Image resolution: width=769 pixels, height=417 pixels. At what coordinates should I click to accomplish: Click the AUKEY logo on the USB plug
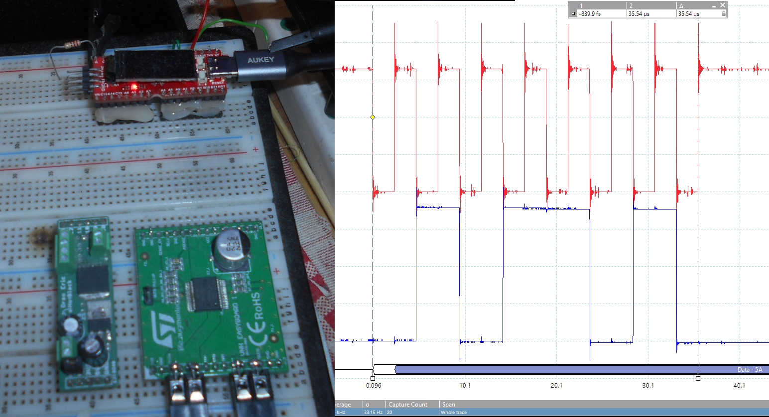click(x=260, y=60)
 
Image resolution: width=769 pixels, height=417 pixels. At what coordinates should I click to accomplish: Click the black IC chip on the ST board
click(x=206, y=294)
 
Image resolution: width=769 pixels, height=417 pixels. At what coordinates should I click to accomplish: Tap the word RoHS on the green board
click(x=255, y=305)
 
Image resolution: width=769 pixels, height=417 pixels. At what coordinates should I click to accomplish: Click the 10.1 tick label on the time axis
click(x=465, y=386)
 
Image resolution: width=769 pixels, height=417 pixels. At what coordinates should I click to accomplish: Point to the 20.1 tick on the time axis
click(x=556, y=386)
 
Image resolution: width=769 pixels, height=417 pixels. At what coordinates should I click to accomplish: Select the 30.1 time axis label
click(x=648, y=386)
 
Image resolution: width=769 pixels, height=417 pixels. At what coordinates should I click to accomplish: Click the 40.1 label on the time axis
click(x=739, y=386)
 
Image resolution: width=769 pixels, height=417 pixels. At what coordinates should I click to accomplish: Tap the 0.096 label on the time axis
click(x=374, y=386)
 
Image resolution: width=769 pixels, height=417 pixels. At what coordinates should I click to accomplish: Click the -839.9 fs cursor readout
click(x=590, y=14)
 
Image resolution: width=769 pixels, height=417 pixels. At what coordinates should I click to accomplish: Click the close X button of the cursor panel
click(x=723, y=5)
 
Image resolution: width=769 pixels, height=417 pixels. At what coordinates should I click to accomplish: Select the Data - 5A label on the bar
click(x=750, y=370)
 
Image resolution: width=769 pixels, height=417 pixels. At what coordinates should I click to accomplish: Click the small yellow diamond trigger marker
click(x=373, y=117)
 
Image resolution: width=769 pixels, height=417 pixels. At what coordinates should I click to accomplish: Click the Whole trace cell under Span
click(x=454, y=413)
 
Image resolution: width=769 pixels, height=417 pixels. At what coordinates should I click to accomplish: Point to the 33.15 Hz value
click(x=373, y=413)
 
